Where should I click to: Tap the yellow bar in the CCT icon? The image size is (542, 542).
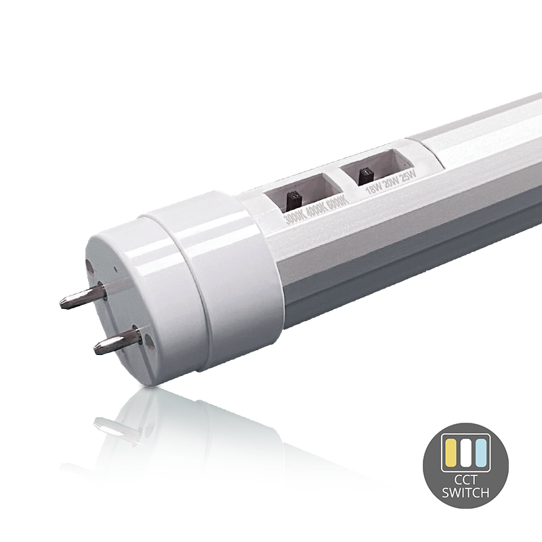(451, 453)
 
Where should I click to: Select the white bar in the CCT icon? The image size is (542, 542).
(465, 453)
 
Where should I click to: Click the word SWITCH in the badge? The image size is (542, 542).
(465, 493)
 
